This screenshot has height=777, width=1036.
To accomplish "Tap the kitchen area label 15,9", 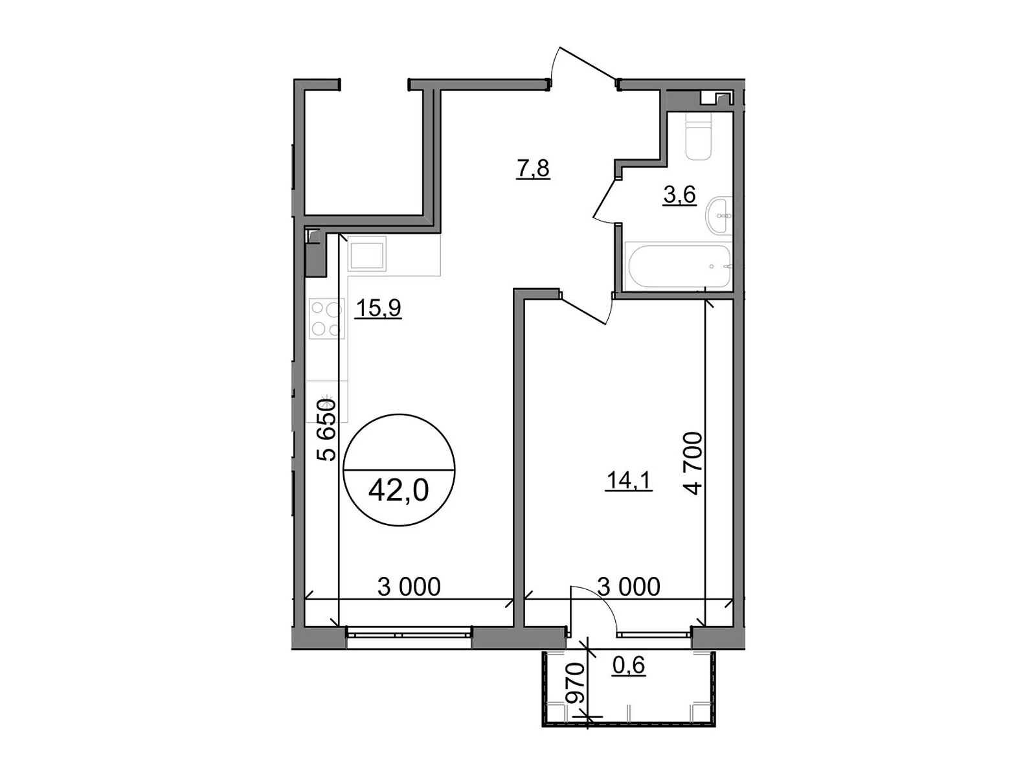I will point(379,309).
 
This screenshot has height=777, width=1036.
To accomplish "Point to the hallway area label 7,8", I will point(533,170).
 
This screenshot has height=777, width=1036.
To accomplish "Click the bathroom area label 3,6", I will point(679,195).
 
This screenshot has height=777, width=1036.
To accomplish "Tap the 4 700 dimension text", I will point(693,462).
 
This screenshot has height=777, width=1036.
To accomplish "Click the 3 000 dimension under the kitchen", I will point(409,587).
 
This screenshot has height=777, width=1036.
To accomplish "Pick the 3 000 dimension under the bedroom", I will point(629,587).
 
